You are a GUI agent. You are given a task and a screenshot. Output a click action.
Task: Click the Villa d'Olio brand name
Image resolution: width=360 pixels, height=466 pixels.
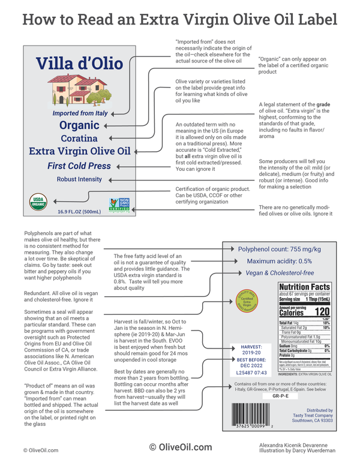point(79,64)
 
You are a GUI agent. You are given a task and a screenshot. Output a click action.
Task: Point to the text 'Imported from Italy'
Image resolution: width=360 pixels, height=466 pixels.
point(79,112)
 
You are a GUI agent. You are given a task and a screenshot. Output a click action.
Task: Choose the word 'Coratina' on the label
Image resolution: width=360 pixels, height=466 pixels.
point(79,139)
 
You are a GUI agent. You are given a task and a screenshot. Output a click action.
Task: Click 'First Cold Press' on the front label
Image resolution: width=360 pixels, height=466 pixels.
point(79,166)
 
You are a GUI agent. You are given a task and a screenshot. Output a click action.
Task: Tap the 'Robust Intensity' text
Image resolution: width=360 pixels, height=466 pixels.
point(79,179)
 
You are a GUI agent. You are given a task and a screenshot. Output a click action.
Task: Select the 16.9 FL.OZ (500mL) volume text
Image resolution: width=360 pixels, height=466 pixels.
point(79,212)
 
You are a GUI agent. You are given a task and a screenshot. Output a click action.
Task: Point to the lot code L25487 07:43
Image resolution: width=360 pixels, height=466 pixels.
point(251,374)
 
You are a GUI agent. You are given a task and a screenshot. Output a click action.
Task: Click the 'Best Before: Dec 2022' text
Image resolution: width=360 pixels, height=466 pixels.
point(251,361)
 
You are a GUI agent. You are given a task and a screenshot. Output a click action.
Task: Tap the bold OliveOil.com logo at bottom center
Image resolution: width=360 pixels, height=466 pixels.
point(180,447)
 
